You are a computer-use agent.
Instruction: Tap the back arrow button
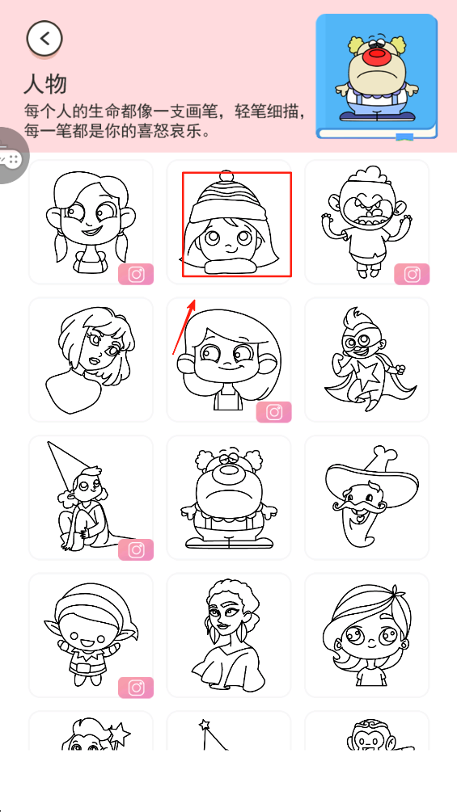(44, 38)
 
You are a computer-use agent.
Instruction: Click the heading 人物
(45, 83)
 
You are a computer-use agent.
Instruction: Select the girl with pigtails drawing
(91, 222)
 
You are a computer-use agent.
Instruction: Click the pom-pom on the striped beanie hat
(225, 176)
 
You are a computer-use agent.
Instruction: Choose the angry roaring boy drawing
(366, 221)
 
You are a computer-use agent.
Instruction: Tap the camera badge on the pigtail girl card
(136, 274)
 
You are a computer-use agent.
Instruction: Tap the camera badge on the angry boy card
(412, 274)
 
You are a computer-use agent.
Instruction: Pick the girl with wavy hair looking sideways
(91, 360)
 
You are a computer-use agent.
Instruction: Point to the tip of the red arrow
(196, 300)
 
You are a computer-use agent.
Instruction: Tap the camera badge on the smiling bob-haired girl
(273, 412)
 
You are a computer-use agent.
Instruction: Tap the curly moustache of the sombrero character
(357, 503)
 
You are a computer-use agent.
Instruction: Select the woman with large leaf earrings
(228, 635)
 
